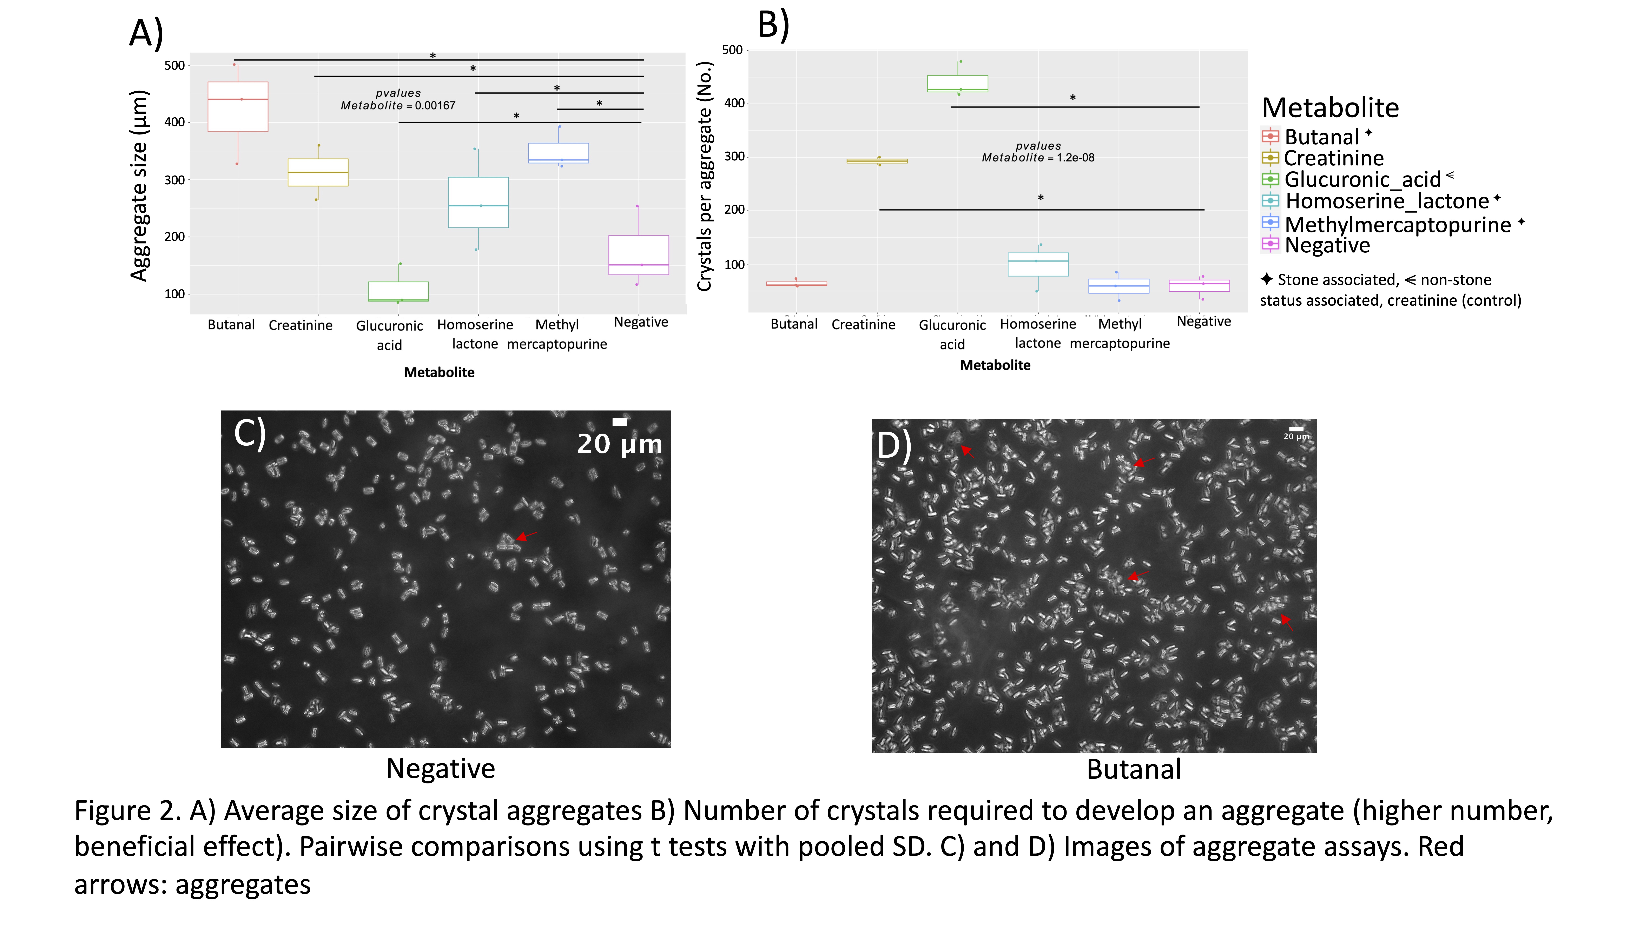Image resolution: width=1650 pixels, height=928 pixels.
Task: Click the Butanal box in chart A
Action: pyautogui.click(x=238, y=106)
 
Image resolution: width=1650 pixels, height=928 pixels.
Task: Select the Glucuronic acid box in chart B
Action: pyautogui.click(x=958, y=83)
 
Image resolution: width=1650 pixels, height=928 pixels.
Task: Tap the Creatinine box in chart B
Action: pyautogui.click(x=877, y=161)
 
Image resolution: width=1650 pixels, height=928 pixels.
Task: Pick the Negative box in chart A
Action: pyautogui.click(x=639, y=255)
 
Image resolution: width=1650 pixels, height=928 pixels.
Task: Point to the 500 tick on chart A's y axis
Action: pyautogui.click(x=174, y=65)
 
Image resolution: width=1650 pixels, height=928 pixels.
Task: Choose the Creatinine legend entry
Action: pyautogui.click(x=1334, y=158)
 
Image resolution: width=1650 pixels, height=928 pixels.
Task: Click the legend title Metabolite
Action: pyautogui.click(x=1330, y=108)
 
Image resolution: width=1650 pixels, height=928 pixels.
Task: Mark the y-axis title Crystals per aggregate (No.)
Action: pyautogui.click(x=705, y=176)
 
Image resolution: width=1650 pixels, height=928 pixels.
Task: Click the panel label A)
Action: pyautogui.click(x=146, y=33)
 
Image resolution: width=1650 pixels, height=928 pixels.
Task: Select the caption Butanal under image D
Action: pyautogui.click(x=1134, y=769)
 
